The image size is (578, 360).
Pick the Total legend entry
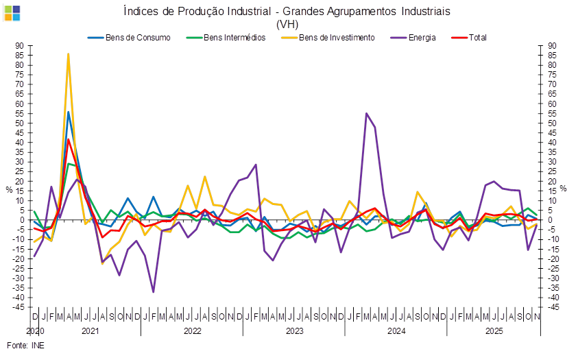tap(478, 37)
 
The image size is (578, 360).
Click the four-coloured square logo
tap(12, 12)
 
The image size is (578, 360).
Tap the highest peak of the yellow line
tap(68, 53)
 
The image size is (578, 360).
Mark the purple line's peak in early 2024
tap(367, 113)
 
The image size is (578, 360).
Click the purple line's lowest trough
tap(153, 292)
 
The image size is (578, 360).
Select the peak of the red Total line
tap(68, 139)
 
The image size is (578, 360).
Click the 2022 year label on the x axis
tap(192, 331)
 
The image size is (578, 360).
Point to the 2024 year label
tap(396, 331)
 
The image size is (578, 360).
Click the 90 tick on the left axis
tap(19, 46)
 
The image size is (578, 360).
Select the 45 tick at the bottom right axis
tap(553, 307)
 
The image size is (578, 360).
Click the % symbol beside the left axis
tap(9, 189)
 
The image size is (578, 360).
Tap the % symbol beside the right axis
tap(564, 188)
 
